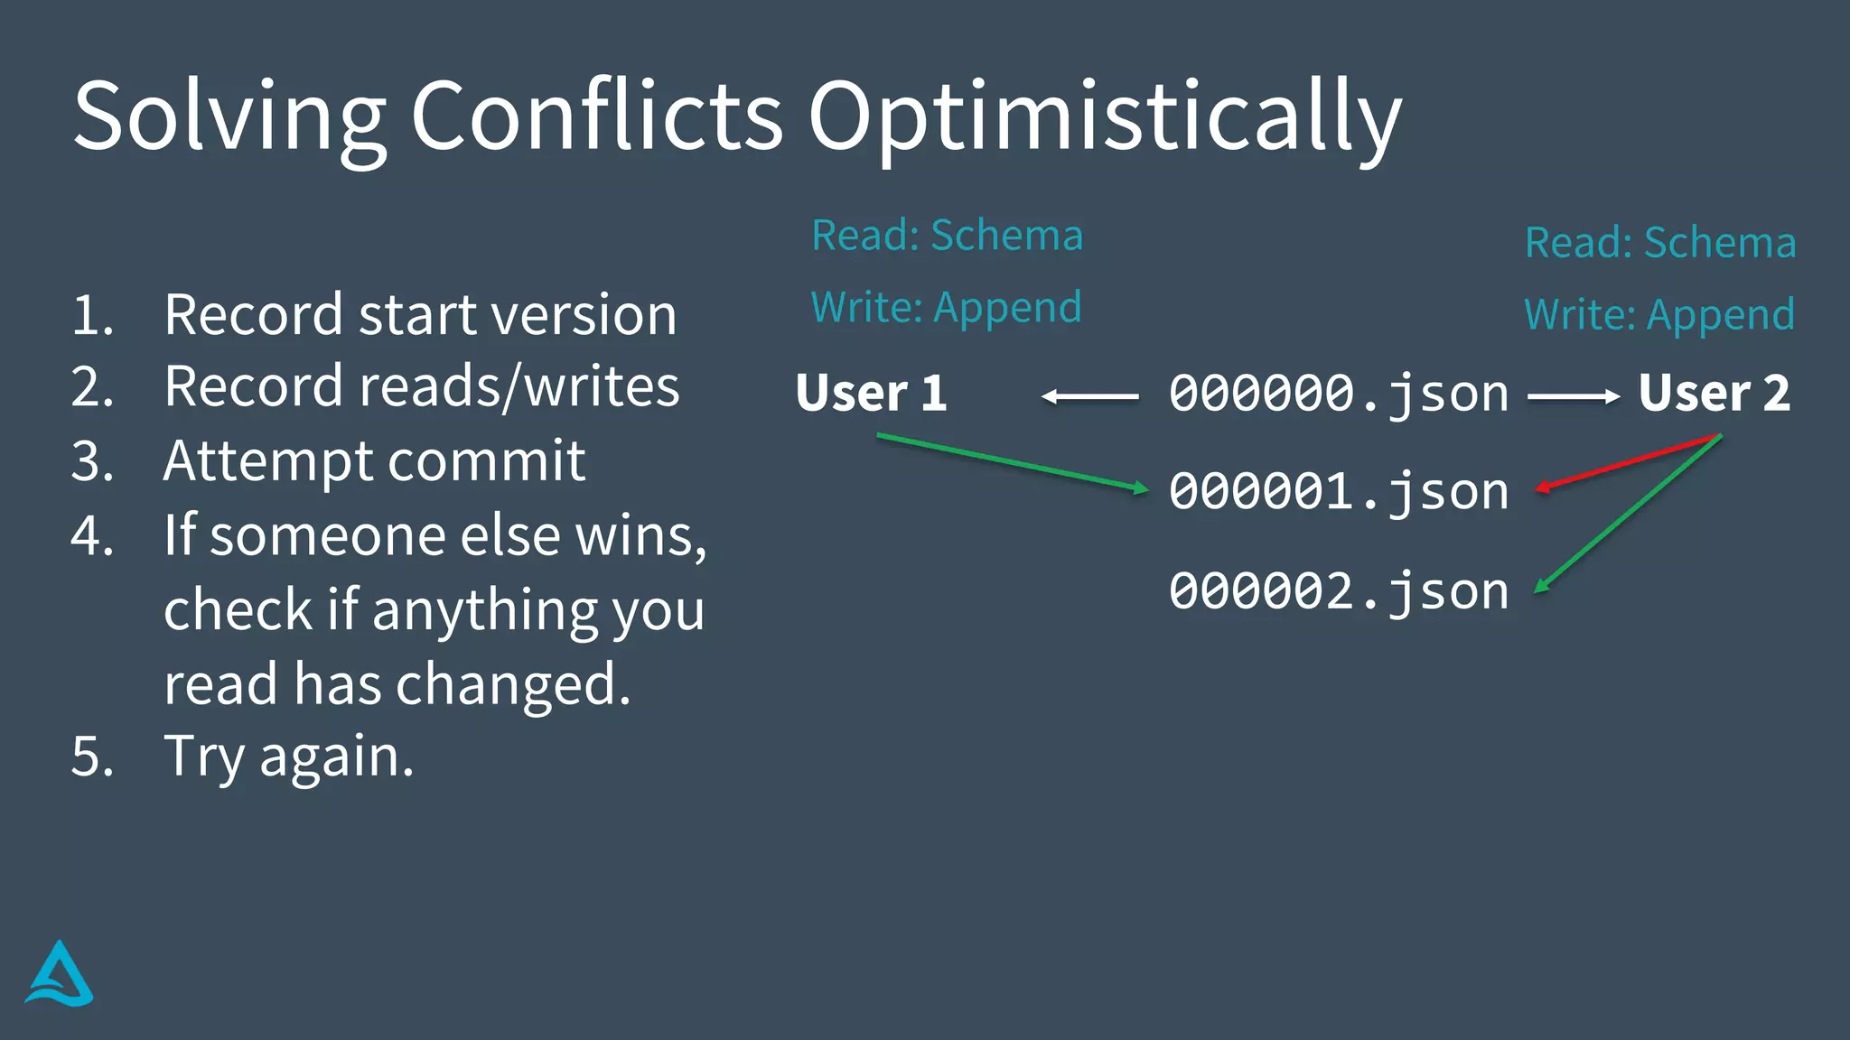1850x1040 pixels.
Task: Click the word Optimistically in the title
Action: pos(1104,117)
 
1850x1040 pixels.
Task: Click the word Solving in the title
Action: pos(229,117)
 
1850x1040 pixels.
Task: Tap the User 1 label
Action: pos(871,393)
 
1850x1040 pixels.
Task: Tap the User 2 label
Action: pos(1714,393)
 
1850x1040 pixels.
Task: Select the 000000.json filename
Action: pos(1339,394)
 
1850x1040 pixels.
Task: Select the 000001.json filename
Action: pos(1339,492)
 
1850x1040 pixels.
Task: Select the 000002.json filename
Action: pos(1339,591)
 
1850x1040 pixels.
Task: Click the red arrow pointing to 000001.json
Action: pos(1626,462)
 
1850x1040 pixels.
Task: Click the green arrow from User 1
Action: pos(1012,463)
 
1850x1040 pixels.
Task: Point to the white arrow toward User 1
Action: pos(1089,396)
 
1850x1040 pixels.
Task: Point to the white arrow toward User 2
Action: pos(1573,396)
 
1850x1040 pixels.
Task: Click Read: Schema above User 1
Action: pos(947,236)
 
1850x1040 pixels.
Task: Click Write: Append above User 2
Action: pos(1659,315)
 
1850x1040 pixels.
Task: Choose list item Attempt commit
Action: pos(374,461)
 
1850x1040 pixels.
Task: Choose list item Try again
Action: pos(289,756)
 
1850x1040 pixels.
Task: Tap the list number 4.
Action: pos(91,535)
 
